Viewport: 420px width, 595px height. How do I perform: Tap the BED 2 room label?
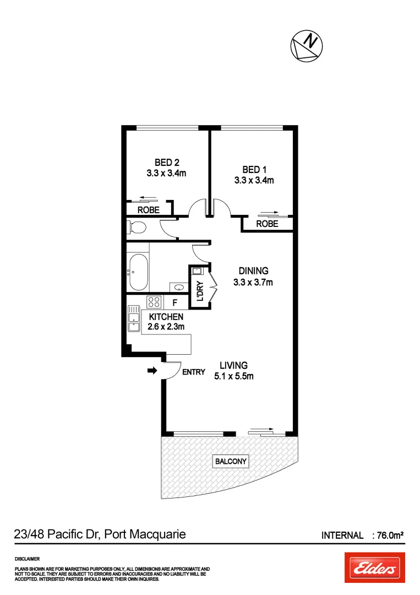click(x=166, y=163)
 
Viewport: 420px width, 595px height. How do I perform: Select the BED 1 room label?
click(x=254, y=169)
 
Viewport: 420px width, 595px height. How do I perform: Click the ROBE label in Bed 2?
click(x=148, y=210)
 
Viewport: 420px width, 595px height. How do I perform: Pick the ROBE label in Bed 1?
click(x=267, y=224)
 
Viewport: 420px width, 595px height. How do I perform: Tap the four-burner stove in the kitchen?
click(x=154, y=302)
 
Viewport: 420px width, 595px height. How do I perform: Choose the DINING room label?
click(x=253, y=271)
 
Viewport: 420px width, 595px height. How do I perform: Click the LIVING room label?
click(x=233, y=365)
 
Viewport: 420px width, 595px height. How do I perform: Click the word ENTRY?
click(x=194, y=372)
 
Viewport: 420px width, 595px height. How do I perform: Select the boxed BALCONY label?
click(x=231, y=461)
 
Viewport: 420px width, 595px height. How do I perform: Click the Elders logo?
click(x=374, y=567)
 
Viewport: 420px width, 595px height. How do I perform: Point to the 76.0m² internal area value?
click(x=389, y=535)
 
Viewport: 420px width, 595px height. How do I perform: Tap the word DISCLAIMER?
click(x=28, y=559)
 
